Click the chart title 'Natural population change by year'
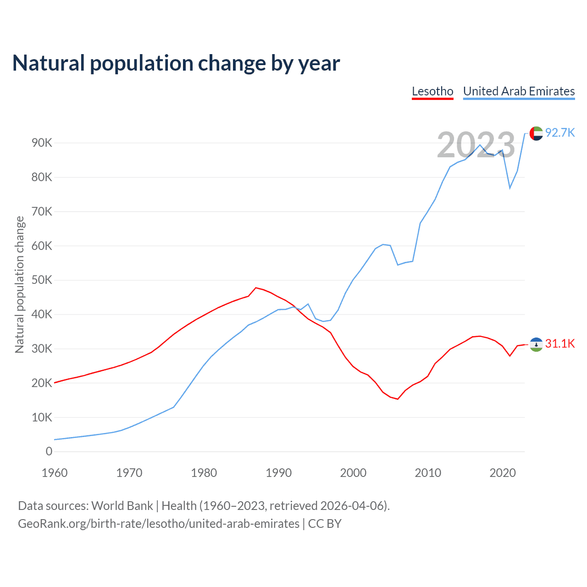click(176, 63)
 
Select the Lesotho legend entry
click(432, 91)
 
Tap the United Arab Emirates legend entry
click(519, 91)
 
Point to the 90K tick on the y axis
click(42, 143)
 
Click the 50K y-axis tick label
click(42, 280)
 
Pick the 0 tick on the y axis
click(49, 452)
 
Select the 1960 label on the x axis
click(55, 473)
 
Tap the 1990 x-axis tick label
click(279, 473)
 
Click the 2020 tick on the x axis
click(503, 473)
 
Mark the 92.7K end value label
click(560, 133)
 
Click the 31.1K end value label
click(560, 344)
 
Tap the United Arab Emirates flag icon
click(536, 133)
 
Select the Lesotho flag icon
click(536, 344)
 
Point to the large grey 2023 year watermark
click(476, 145)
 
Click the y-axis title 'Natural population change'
click(20, 285)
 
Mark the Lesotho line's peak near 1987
click(255, 288)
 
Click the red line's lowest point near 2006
click(398, 399)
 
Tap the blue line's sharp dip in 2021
click(510, 188)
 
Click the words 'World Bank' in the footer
click(122, 506)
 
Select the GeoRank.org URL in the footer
click(159, 524)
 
